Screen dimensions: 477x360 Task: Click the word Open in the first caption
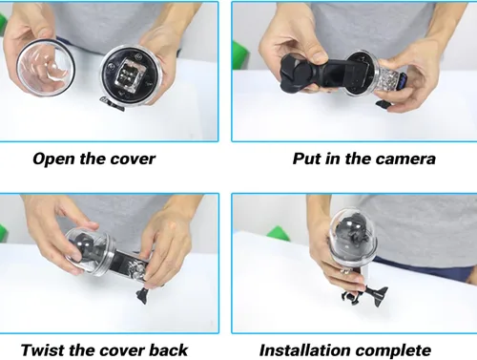click(x=54, y=159)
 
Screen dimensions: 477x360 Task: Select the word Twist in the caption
click(x=42, y=350)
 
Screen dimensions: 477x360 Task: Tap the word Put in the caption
click(x=306, y=159)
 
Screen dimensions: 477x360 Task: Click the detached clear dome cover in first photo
click(x=46, y=68)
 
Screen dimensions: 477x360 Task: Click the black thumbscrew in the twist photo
click(x=142, y=295)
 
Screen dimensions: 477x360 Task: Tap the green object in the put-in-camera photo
click(x=240, y=54)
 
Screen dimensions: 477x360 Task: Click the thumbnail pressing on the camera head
click(x=319, y=56)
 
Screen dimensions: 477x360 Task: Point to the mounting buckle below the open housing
click(x=112, y=104)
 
